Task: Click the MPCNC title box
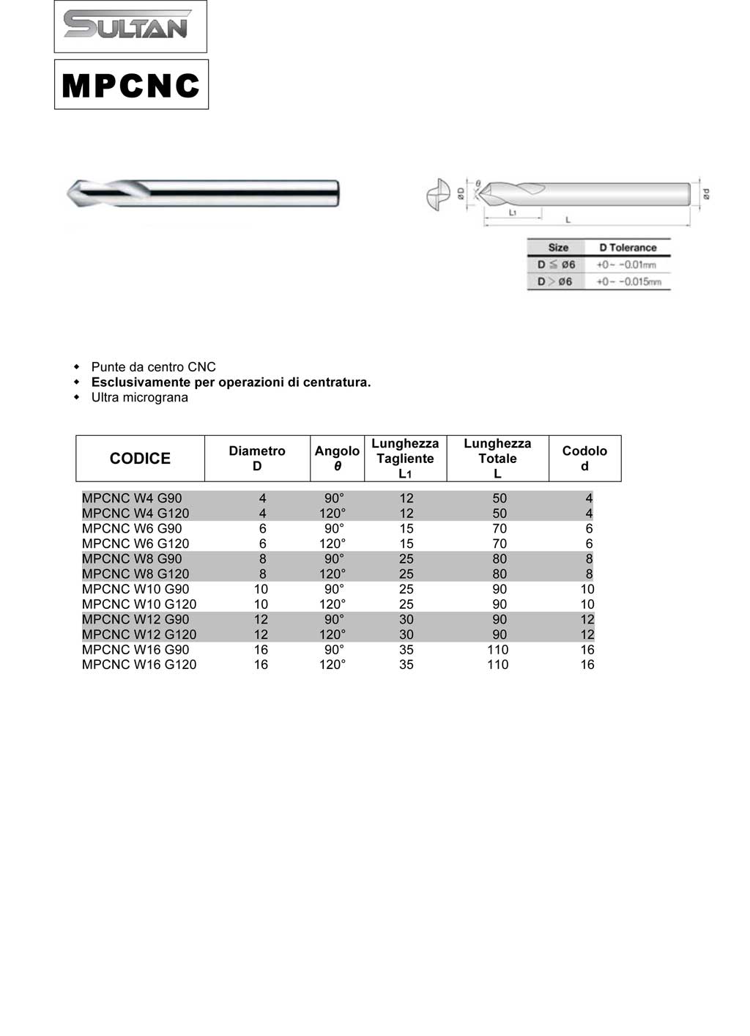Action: tap(131, 85)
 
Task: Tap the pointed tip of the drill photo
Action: tap(70, 193)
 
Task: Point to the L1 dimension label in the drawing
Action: tap(513, 212)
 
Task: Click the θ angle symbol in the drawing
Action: tap(478, 183)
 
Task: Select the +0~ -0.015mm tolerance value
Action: tap(628, 282)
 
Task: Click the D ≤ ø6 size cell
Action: tap(556, 264)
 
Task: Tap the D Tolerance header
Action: tap(628, 248)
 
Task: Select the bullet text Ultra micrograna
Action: tap(139, 397)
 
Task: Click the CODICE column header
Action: tap(140, 459)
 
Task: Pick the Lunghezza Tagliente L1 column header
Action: tap(405, 459)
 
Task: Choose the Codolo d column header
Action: tap(584, 459)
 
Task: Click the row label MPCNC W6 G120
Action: tap(135, 544)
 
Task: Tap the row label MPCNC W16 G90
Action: tap(135, 650)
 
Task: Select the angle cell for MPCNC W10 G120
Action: tap(333, 604)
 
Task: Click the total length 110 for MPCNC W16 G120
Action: tap(498, 665)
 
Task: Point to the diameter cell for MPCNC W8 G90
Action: tap(263, 559)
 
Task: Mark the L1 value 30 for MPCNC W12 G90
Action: tap(406, 619)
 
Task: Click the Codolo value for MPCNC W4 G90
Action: tap(589, 498)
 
